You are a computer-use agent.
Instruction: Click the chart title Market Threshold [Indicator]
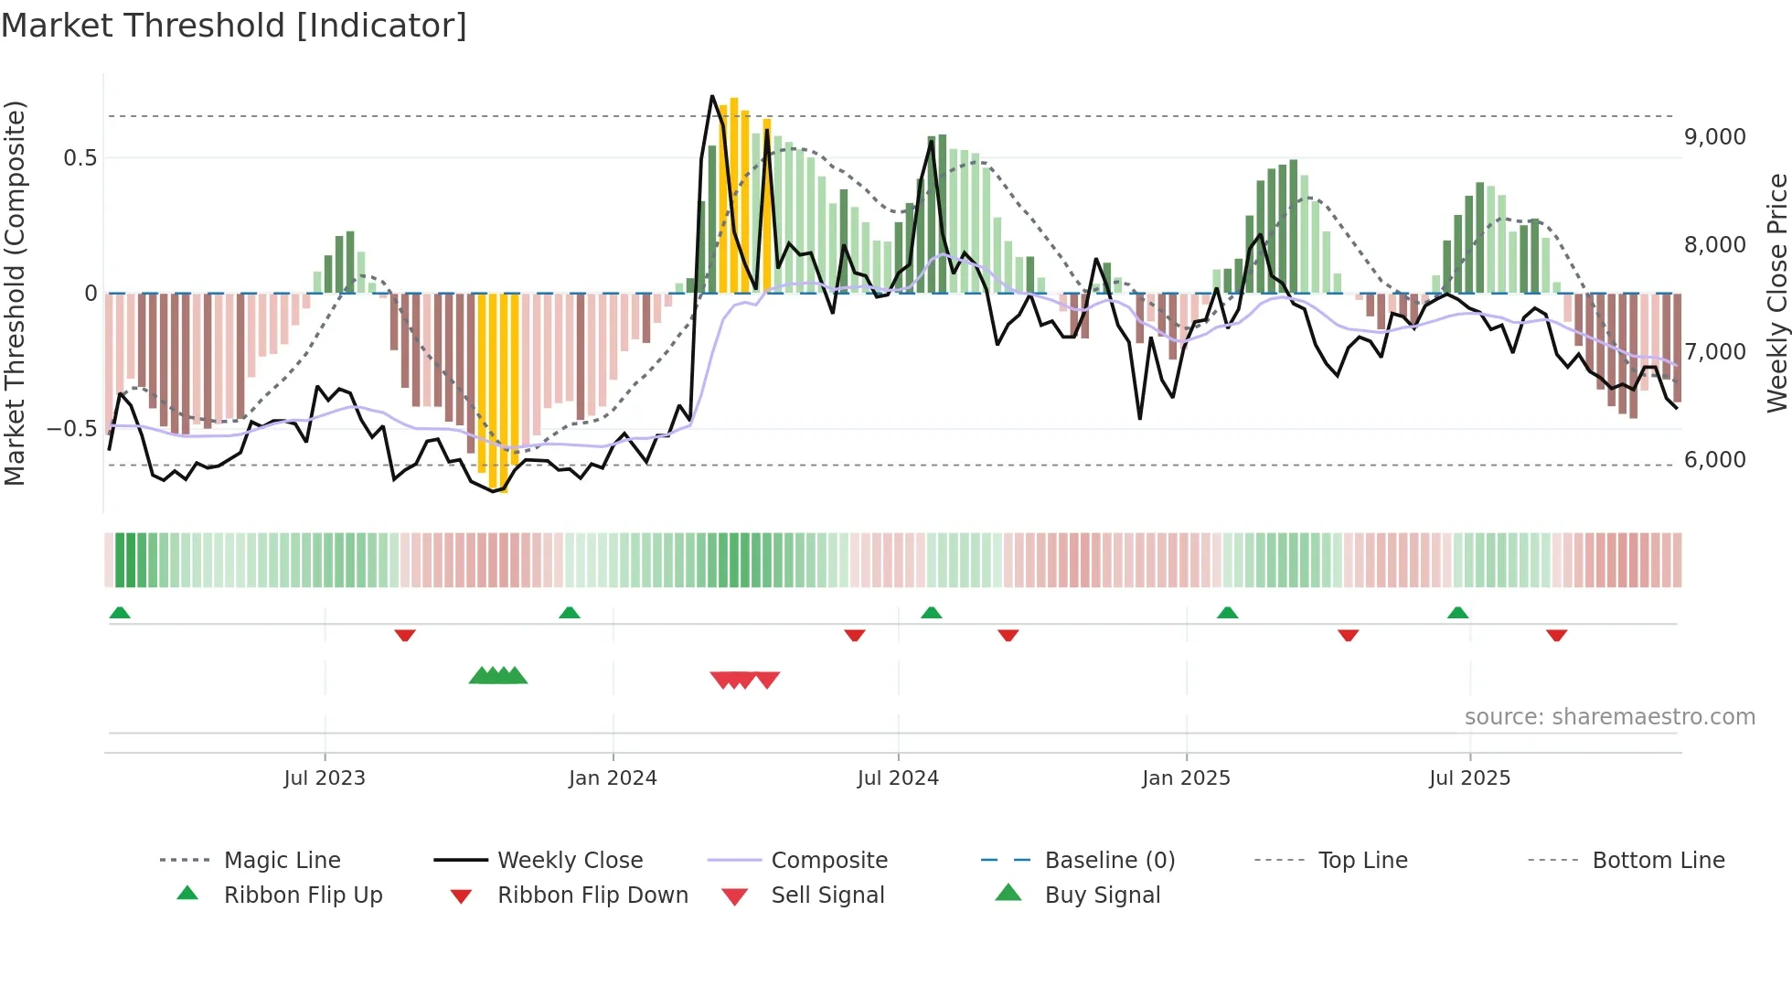click(234, 26)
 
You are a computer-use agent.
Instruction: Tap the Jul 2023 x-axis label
click(325, 778)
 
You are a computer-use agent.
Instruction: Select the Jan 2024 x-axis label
click(613, 778)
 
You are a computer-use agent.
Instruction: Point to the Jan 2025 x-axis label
click(1186, 778)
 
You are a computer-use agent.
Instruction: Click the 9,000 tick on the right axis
click(1714, 137)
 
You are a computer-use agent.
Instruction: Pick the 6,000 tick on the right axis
click(1714, 460)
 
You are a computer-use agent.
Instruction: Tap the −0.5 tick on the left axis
click(72, 429)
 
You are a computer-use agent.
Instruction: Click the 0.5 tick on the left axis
click(80, 158)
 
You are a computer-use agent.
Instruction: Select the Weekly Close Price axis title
click(1776, 293)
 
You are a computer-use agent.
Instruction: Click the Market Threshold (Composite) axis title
click(15, 293)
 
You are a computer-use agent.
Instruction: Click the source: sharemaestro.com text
click(1609, 717)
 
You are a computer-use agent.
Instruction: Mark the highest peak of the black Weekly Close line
click(712, 96)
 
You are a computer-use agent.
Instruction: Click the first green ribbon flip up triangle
click(120, 613)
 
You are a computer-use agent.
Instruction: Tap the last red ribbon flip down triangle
click(1556, 635)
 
